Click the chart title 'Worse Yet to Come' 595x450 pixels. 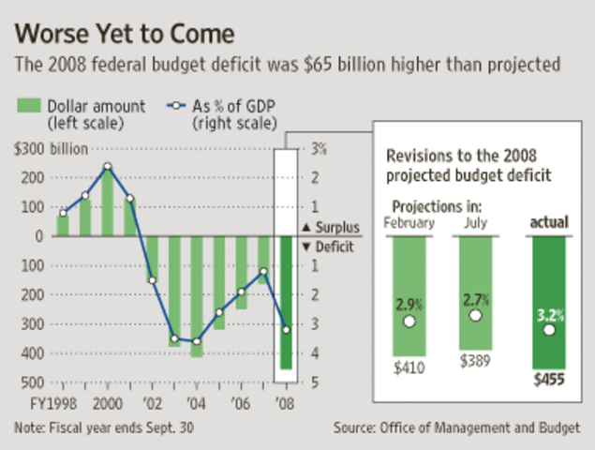(x=122, y=36)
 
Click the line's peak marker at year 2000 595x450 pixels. (x=108, y=167)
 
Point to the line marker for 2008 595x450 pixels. (x=286, y=329)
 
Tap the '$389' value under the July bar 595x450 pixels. (x=476, y=359)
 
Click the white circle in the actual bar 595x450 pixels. (x=548, y=329)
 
